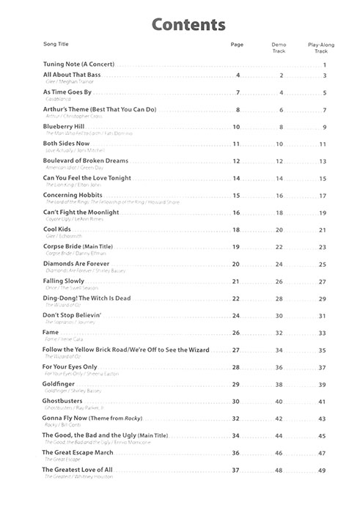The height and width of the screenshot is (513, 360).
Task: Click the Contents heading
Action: click(x=188, y=25)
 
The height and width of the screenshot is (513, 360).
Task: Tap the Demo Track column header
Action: click(x=279, y=48)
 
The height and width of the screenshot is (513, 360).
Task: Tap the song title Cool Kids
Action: click(x=59, y=229)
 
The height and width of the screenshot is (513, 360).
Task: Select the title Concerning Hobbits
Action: click(x=73, y=195)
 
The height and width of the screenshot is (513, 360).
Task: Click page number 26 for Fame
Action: click(x=236, y=333)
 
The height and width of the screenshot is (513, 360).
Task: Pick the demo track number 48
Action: click(x=279, y=470)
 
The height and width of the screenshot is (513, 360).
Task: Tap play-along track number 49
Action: click(x=323, y=470)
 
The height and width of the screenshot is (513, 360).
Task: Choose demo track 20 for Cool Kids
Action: click(x=279, y=230)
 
